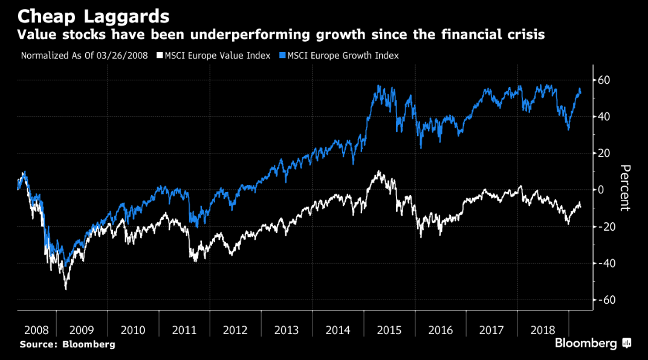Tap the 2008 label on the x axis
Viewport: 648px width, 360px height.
[37, 330]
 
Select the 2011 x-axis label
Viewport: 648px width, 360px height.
[184, 330]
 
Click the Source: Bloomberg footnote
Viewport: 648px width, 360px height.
[67, 344]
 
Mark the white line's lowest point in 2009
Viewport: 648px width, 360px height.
[66, 289]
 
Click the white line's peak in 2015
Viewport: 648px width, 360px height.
[378, 172]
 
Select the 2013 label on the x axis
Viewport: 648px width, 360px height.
[287, 330]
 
